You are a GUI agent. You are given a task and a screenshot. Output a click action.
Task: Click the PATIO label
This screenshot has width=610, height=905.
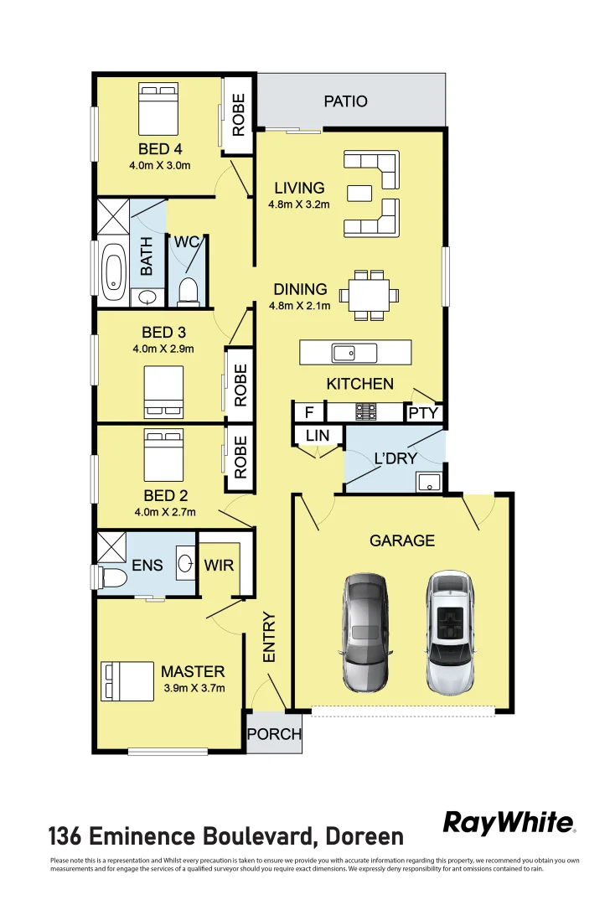(x=345, y=101)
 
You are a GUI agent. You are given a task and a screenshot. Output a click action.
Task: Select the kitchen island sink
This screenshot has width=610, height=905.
(x=344, y=353)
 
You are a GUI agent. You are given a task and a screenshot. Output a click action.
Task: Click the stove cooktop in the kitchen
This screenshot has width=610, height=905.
(x=366, y=412)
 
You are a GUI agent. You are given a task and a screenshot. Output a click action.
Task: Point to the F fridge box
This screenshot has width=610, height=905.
(x=308, y=413)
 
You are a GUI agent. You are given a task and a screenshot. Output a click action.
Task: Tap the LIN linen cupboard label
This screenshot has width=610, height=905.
(x=318, y=436)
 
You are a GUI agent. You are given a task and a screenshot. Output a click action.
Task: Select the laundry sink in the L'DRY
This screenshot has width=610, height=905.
(x=429, y=482)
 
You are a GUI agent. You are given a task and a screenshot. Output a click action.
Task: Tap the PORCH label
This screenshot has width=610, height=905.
(x=274, y=734)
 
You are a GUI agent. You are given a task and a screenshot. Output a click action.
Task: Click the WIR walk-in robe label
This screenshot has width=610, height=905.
(x=219, y=565)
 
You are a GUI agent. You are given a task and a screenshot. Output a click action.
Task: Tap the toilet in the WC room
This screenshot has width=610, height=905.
(x=188, y=290)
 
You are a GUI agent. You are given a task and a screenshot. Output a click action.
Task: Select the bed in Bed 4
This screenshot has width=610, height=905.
(x=158, y=109)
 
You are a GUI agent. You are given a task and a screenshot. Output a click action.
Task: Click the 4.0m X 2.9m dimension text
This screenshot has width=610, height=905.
(x=163, y=349)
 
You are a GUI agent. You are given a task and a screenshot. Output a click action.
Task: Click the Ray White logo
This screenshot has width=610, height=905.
(x=509, y=823)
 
